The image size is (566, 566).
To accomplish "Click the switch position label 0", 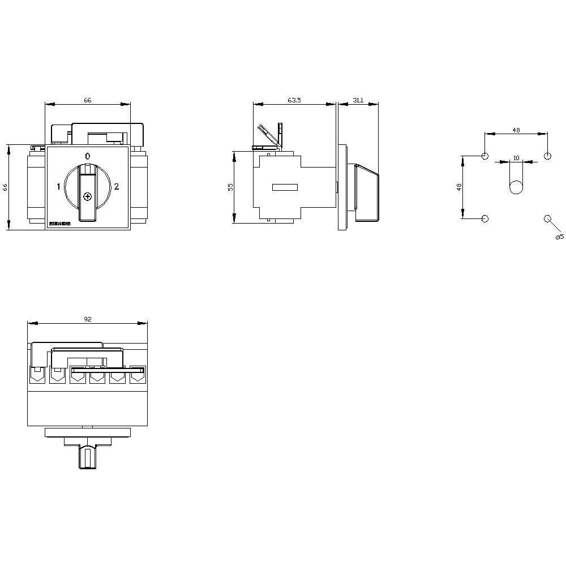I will point(87,156).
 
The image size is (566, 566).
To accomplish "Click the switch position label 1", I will point(58,186).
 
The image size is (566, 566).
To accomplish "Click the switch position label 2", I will point(117,186).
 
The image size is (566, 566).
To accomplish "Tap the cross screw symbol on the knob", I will point(87,196).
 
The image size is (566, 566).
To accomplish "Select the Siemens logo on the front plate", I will point(59,224).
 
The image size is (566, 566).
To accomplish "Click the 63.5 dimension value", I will point(294,100).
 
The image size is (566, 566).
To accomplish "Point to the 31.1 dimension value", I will point(358,100).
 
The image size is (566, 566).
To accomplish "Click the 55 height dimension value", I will point(230,187).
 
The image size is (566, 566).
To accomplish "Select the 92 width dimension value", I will point(88,319).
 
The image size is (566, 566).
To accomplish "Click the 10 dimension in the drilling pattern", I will point(516,158).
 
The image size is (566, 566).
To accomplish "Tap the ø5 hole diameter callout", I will point(559,237).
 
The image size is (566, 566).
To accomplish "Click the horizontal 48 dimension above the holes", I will point(516,130).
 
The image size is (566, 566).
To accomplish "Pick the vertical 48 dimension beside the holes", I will point(459,186).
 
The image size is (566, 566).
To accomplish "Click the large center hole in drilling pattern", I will point(516,187).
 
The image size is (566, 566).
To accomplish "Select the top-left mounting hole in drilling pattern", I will point(484,156).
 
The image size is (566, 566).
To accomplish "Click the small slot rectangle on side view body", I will point(285,187).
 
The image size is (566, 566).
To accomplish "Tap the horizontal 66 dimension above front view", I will point(88,100).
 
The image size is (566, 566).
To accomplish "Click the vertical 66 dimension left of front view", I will point(5,187).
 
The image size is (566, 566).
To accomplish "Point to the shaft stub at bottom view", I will point(87,457).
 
